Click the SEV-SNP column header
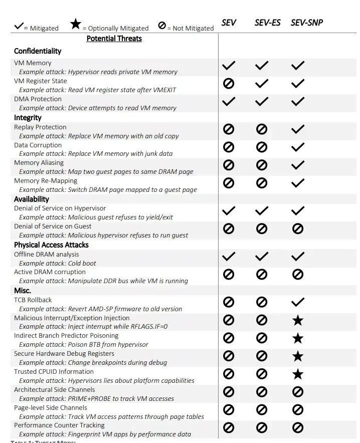pyautogui.click(x=306, y=23)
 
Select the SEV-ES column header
pyautogui.click(x=267, y=23)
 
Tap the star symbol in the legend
pyautogui.click(x=76, y=24)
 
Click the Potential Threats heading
pyautogui.click(x=114, y=39)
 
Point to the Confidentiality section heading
pyautogui.click(x=38, y=51)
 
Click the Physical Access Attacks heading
pyautogui.click(x=51, y=245)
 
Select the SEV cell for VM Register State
pyautogui.click(x=229, y=84)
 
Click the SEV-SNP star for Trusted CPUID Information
pyautogui.click(x=298, y=374)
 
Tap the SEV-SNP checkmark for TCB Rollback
pyautogui.click(x=298, y=302)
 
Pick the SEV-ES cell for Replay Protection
pyautogui.click(x=262, y=129)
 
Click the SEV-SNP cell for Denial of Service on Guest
pyautogui.click(x=298, y=229)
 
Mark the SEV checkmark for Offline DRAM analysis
pyautogui.click(x=229, y=257)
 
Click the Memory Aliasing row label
pyautogui.click(x=39, y=163)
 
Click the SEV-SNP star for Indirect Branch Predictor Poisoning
pyautogui.click(x=298, y=338)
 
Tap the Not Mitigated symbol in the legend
pyautogui.click(x=162, y=25)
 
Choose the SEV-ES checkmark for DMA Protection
pyautogui.click(x=262, y=102)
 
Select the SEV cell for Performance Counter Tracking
pyautogui.click(x=229, y=427)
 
